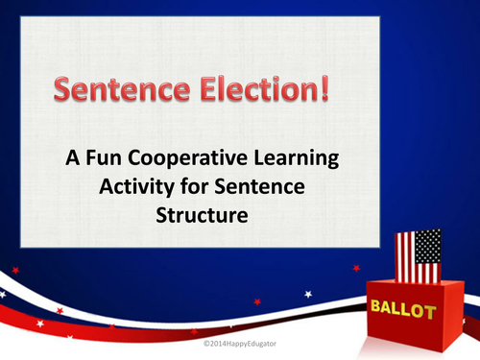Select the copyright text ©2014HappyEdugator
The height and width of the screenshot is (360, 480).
(240, 342)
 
